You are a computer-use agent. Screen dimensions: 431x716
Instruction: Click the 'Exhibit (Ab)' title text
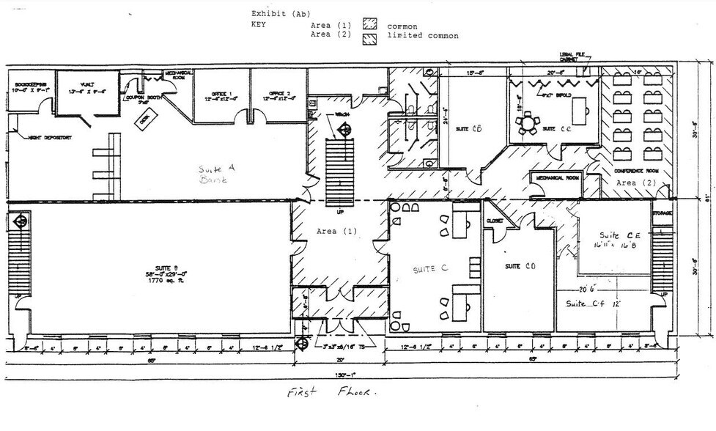281,13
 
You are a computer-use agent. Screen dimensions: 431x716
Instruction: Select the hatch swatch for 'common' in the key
368,26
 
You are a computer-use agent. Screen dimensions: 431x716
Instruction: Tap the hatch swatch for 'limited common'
368,37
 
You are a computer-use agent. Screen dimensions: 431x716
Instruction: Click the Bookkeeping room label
30,89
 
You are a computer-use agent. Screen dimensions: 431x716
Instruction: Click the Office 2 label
277,97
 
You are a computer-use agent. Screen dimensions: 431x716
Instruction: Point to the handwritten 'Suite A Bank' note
215,173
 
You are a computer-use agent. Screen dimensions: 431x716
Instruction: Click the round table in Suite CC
528,122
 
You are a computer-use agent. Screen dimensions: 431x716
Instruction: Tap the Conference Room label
636,170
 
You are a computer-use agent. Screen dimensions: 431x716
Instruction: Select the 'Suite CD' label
518,266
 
